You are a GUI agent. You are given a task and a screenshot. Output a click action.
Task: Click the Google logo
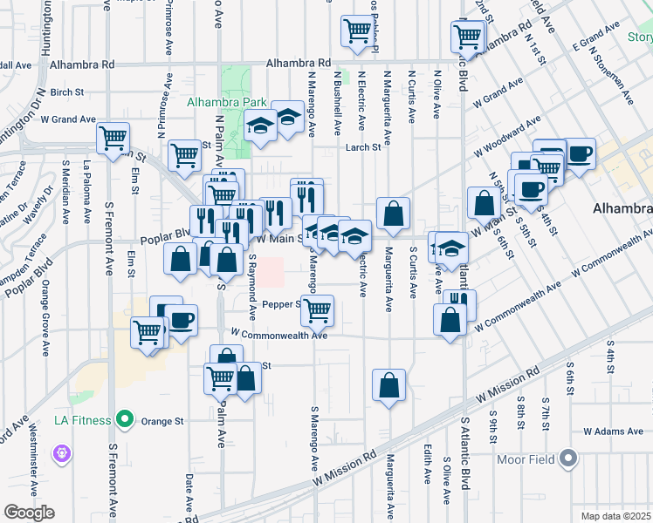(28, 513)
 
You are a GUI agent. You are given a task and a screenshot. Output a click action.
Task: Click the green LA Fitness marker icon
(124, 420)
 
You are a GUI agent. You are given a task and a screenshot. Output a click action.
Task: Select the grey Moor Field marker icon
(569, 458)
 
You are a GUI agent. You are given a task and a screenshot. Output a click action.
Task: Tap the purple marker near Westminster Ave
(60, 452)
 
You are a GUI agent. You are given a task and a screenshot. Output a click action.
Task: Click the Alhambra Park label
(227, 102)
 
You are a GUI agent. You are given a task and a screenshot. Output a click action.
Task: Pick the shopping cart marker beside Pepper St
(318, 309)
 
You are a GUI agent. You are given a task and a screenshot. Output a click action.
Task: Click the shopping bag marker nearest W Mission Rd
(388, 384)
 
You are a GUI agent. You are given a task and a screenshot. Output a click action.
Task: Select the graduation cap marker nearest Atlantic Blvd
(451, 248)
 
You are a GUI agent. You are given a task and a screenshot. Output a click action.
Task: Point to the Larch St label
(363, 147)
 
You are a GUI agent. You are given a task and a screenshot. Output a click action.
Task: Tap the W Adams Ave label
(613, 431)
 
